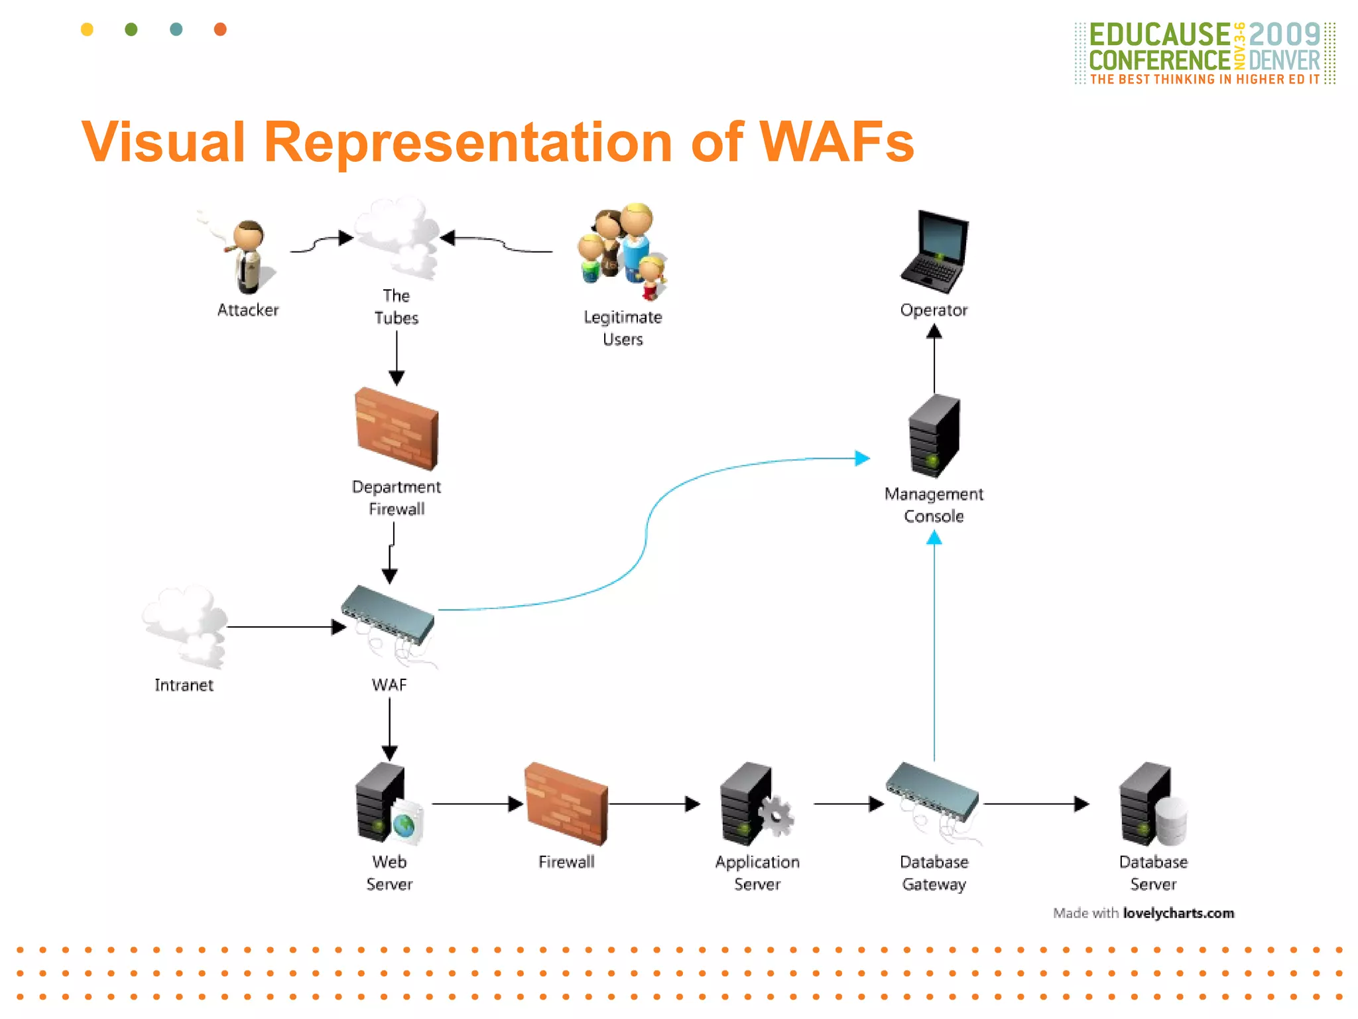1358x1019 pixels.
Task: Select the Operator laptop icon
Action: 934,252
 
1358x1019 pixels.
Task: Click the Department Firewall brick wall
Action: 397,429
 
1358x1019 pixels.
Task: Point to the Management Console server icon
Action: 934,436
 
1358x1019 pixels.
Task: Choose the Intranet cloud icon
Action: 185,626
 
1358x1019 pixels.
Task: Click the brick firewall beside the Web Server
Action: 566,804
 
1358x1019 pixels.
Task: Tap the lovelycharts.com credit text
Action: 1178,913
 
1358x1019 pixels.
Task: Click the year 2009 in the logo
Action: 1284,34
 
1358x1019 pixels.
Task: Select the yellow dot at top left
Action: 87,29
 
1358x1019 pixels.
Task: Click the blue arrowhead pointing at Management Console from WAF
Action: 862,458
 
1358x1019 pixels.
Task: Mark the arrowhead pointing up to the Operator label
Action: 934,332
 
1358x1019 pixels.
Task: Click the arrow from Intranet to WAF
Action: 285,627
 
